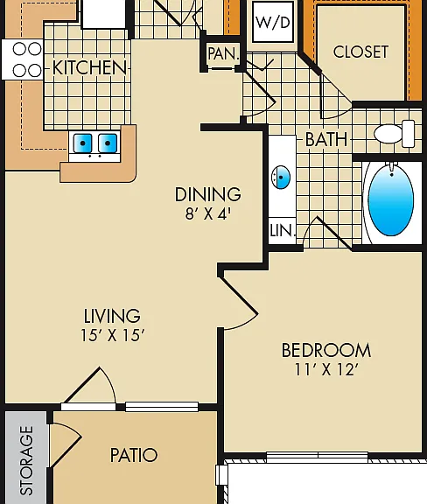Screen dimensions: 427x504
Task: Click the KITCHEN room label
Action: [90, 68]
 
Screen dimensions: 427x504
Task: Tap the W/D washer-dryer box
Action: [273, 22]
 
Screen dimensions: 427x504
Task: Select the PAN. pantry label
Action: [224, 53]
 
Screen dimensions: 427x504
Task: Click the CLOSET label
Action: [360, 52]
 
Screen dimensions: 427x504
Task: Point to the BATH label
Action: [326, 139]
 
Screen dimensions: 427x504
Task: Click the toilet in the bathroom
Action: [395, 133]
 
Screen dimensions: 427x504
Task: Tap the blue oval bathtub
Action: [390, 199]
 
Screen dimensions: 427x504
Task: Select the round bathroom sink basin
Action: [281, 177]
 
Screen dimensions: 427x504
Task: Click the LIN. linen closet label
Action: [283, 231]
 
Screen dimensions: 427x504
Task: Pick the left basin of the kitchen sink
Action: [82, 143]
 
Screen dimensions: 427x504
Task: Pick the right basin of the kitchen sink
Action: [108, 143]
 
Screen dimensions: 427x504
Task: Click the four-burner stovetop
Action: [22, 59]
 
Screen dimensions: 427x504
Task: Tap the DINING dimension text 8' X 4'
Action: [208, 213]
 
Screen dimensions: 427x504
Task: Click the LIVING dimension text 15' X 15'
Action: [112, 335]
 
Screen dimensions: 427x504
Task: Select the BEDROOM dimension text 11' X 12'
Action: [326, 369]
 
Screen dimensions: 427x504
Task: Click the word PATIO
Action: [134, 455]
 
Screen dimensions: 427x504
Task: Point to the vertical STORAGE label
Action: [26, 460]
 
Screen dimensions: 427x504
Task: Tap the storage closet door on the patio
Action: [65, 445]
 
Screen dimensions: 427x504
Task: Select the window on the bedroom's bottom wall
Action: [318, 457]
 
